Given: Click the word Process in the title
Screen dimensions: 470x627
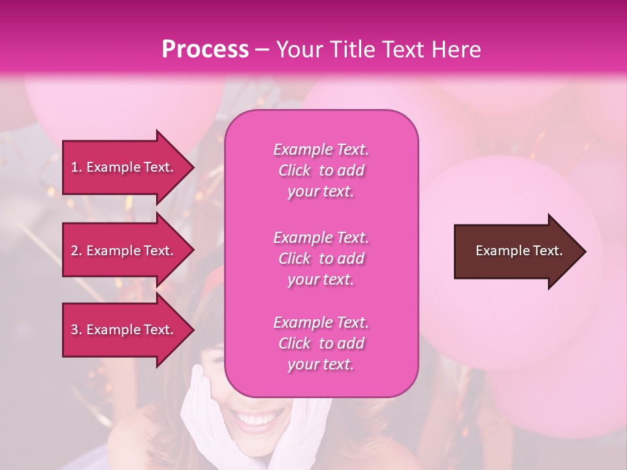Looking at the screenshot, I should click(205, 50).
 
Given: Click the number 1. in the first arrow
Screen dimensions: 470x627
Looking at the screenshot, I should click(76, 167).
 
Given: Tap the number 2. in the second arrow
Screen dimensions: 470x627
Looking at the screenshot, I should click(76, 251).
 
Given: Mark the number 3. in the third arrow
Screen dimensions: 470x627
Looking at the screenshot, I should click(76, 330).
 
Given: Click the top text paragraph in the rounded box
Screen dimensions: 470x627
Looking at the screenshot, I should click(321, 170).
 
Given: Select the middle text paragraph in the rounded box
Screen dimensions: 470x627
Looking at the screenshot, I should click(321, 258).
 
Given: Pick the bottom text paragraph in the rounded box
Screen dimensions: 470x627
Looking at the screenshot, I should click(321, 343).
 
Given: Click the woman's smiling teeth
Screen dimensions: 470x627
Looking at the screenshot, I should click(259, 418).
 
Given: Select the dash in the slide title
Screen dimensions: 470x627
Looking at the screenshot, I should click(262, 50).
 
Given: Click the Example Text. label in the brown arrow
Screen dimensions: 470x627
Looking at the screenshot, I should click(519, 251).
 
